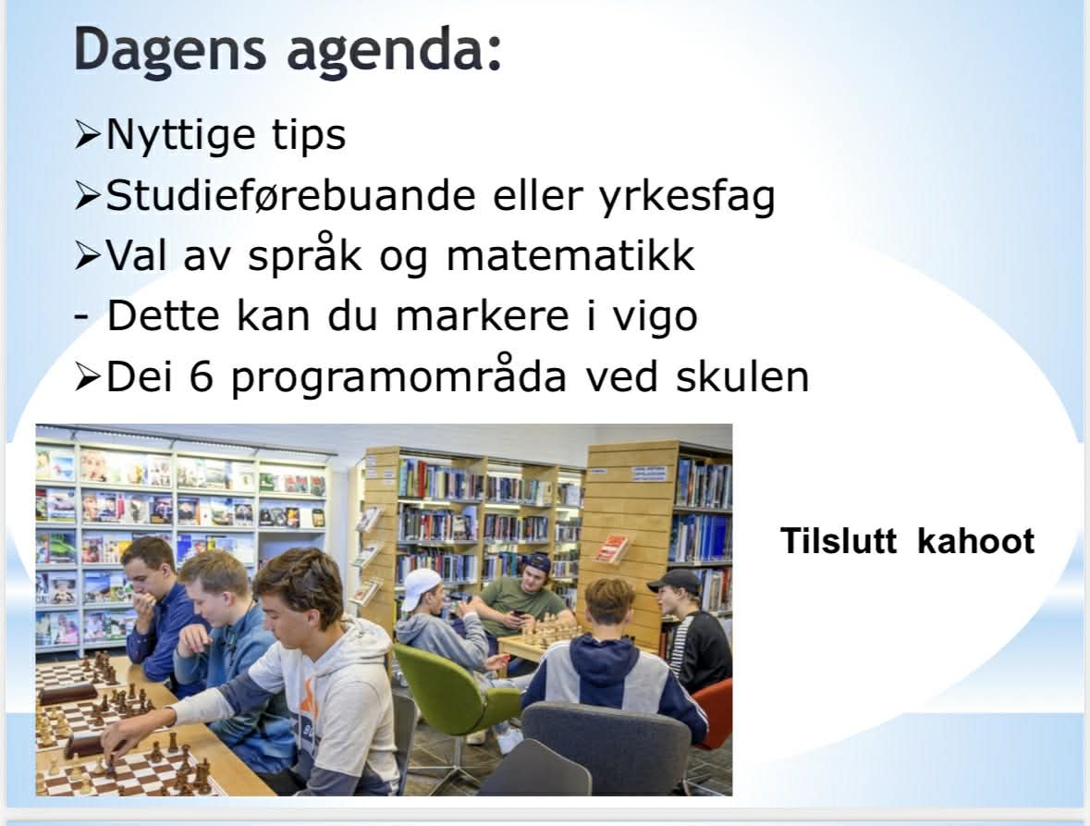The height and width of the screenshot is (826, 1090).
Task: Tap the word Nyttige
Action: click(180, 135)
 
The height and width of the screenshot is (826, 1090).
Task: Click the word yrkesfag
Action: click(687, 197)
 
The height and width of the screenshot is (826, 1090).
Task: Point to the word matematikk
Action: click(570, 255)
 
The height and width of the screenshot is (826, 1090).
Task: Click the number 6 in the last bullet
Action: click(201, 376)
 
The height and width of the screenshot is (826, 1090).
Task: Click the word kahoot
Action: click(976, 541)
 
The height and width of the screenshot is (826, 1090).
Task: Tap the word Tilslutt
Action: click(839, 541)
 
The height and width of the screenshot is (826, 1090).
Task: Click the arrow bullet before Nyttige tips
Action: click(88, 136)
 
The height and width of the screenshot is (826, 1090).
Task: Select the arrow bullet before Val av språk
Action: click(88, 256)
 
